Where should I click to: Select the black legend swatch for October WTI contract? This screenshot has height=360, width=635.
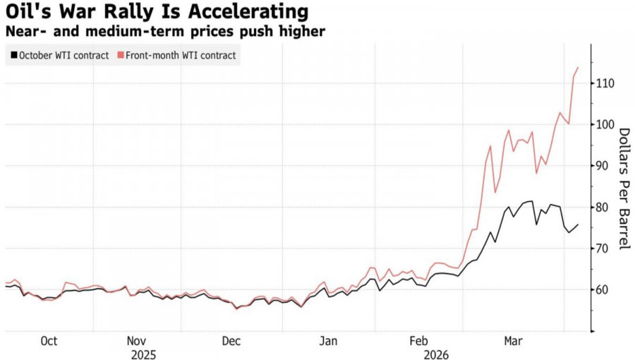point(13,55)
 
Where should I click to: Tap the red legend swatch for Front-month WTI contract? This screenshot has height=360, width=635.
point(120,55)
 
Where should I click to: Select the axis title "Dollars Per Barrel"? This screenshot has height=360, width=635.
point(624,188)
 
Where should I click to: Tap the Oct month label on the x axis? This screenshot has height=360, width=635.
point(49,342)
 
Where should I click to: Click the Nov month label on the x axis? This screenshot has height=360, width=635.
point(137,342)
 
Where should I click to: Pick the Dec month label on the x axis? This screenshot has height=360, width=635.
point(231,342)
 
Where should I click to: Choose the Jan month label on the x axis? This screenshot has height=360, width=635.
point(327,342)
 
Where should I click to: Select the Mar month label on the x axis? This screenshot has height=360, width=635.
point(513,342)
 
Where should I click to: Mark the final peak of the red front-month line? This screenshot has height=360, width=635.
point(579,68)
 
